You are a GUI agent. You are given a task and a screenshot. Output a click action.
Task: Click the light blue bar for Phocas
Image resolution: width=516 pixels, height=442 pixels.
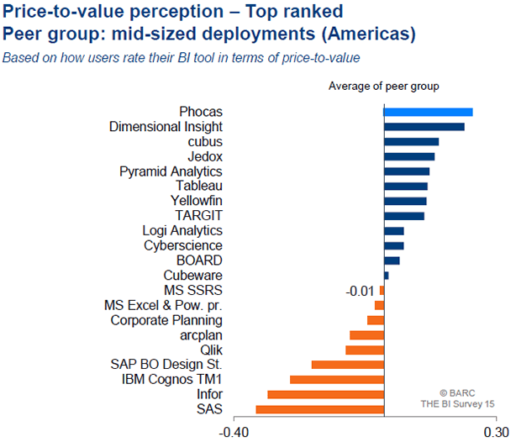coord(428,112)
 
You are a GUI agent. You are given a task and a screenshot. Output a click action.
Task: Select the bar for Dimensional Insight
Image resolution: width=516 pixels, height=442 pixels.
coord(424,127)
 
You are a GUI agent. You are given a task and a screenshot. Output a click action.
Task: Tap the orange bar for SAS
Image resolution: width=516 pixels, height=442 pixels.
coord(319,409)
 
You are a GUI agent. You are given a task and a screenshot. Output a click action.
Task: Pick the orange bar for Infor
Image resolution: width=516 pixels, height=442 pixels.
coord(325,394)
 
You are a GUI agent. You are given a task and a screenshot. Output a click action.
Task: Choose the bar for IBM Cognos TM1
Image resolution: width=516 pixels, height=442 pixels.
coord(336,380)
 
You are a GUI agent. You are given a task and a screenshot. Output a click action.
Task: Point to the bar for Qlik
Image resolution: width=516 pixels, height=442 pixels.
coord(365,350)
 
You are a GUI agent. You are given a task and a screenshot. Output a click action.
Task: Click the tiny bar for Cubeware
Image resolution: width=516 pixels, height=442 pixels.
coord(386,276)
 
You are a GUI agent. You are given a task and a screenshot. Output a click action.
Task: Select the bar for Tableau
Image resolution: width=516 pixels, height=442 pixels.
coord(405,186)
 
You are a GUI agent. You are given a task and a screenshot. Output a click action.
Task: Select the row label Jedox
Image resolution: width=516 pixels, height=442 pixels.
coord(205,156)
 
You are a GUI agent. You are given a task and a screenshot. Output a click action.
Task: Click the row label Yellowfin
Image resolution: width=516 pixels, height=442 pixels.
coord(196,201)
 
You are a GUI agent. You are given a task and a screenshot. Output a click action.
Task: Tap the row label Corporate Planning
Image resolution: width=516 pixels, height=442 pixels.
coord(166,320)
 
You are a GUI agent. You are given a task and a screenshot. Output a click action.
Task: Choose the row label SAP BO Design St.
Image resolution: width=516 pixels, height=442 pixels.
coord(166,365)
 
